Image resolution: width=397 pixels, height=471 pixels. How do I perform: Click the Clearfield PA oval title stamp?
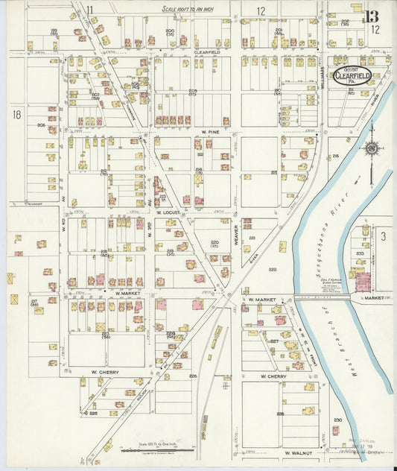click(352, 75)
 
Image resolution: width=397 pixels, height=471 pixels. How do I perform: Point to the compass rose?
click(370, 149)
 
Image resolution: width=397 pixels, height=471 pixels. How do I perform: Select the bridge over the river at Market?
click(322, 297)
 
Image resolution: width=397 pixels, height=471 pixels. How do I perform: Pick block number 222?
click(273, 269)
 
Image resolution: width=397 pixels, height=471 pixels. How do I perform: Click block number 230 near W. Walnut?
click(337, 420)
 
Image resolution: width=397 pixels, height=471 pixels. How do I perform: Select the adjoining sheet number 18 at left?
click(16, 114)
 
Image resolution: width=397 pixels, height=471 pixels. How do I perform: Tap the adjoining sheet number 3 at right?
click(382, 236)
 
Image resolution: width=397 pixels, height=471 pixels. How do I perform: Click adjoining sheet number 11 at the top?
click(89, 10)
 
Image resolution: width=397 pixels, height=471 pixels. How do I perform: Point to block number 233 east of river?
click(360, 253)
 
